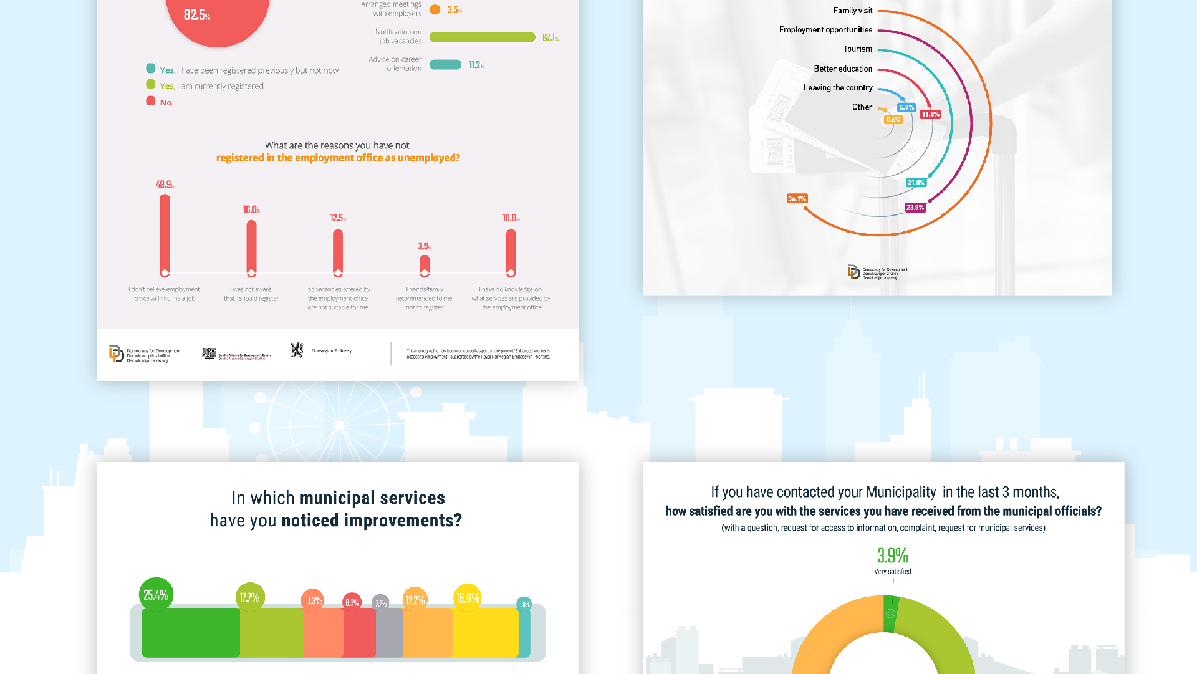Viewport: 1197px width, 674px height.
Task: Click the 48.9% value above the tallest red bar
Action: coord(165,185)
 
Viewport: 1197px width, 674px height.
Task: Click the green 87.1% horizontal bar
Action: coord(482,37)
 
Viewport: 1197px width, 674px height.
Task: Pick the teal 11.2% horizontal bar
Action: coord(446,65)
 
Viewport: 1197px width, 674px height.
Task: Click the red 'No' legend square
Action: coord(151,101)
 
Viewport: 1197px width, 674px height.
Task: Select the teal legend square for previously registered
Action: coord(151,69)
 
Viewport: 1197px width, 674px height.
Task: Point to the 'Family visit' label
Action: coord(852,11)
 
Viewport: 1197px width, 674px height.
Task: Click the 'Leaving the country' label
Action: coord(837,88)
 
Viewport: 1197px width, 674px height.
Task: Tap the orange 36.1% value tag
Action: coord(797,198)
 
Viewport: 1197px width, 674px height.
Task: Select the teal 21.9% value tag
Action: coord(916,183)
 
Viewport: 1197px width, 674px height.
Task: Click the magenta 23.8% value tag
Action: coord(915,208)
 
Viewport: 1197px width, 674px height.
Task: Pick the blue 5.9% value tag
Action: coord(906,107)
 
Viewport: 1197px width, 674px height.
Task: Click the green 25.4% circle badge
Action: coord(156,595)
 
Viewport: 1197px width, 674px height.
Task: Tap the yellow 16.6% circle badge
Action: coord(468,598)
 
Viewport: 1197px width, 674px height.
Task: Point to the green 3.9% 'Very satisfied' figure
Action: coord(892,556)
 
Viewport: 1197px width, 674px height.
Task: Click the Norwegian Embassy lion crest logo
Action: coord(297,350)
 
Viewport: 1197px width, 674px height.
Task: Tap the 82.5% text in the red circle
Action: coord(196,15)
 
